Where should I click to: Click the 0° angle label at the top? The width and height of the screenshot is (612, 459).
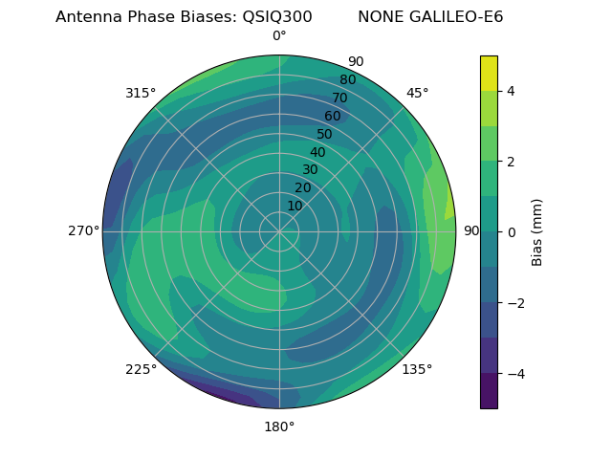tap(279, 36)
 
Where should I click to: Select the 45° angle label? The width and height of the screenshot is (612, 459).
tap(417, 93)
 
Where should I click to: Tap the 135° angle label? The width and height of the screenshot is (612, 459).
tap(417, 370)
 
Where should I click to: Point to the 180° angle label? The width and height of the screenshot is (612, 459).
tap(279, 426)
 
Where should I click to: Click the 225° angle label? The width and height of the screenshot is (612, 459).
tap(141, 370)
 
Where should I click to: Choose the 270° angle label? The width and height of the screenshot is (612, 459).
tap(83, 231)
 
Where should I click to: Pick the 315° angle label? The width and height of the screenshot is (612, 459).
tap(141, 93)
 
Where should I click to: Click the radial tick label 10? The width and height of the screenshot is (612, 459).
tap(295, 206)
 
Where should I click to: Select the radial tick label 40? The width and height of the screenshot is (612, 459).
tap(317, 152)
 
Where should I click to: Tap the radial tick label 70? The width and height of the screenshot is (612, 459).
tap(339, 98)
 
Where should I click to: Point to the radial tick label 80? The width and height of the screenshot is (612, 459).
tap(347, 80)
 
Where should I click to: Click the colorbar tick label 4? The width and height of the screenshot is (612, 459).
tap(511, 91)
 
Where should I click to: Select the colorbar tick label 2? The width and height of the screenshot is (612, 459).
tap(511, 162)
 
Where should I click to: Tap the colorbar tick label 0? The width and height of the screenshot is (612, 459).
tap(511, 232)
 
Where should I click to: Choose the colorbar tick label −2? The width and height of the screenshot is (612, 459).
tap(514, 303)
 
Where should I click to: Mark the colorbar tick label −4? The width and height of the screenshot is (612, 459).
tap(514, 374)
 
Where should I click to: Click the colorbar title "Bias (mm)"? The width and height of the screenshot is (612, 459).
tap(537, 232)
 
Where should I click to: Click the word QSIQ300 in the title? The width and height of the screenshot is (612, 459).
tap(271, 17)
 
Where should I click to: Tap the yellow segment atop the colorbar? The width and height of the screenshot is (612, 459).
tap(489, 73)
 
